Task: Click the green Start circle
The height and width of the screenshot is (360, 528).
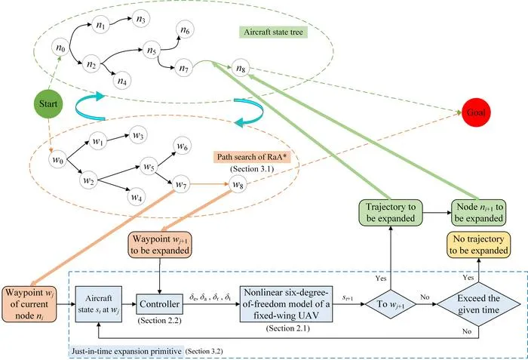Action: tap(48, 104)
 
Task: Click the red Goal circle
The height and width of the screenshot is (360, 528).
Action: tap(476, 112)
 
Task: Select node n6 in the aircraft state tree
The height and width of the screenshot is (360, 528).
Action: tap(185, 31)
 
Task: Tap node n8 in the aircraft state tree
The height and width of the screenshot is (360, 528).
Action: tap(241, 68)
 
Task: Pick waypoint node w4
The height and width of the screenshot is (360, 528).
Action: tap(137, 196)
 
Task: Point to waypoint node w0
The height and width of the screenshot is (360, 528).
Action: tap(58, 160)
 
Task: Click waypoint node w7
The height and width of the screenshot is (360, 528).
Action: tap(181, 184)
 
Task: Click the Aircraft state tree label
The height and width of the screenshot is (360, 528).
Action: tap(273, 32)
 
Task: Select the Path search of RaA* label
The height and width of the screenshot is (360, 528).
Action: tap(252, 157)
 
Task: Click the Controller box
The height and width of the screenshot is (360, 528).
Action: tap(159, 304)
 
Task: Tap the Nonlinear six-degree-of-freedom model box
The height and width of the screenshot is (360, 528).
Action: tap(286, 304)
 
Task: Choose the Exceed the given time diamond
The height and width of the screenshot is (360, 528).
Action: tap(478, 304)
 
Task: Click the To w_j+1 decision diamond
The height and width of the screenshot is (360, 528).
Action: tap(391, 304)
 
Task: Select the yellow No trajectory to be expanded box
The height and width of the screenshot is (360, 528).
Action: tap(478, 245)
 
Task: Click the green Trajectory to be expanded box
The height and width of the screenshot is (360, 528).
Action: tap(390, 212)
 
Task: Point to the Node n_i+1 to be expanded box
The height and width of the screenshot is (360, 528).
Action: tap(478, 212)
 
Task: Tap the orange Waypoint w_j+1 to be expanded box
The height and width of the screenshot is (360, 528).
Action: tap(160, 245)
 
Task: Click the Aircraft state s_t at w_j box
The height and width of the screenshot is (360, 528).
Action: tap(98, 304)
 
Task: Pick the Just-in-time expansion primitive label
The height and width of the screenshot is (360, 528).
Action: tap(127, 351)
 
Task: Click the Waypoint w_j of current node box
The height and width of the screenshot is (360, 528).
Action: tap(29, 304)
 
